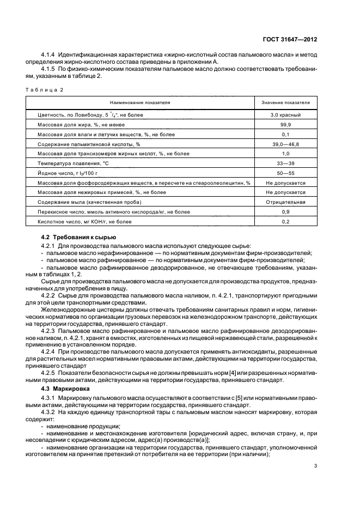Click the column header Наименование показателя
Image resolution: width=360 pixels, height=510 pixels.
[140, 102]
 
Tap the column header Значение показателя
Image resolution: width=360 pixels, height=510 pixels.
[285, 102]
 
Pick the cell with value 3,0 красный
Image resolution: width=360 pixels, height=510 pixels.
[285, 115]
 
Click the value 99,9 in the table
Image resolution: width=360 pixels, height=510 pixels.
[285, 125]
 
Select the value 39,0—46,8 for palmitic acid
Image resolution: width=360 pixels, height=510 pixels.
[285, 144]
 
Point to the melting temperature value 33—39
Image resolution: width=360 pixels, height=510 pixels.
[285, 163]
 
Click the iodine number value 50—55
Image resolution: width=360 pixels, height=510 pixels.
[285, 173]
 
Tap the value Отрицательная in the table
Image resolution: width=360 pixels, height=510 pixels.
[285, 202]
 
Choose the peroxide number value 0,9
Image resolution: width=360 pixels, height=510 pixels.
[285, 212]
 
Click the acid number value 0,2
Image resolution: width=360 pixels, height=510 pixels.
[285, 222]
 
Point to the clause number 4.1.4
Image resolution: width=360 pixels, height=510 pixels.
[50, 54]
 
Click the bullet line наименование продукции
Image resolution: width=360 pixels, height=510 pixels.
[80, 426]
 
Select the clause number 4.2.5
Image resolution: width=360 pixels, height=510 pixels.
[50, 373]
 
